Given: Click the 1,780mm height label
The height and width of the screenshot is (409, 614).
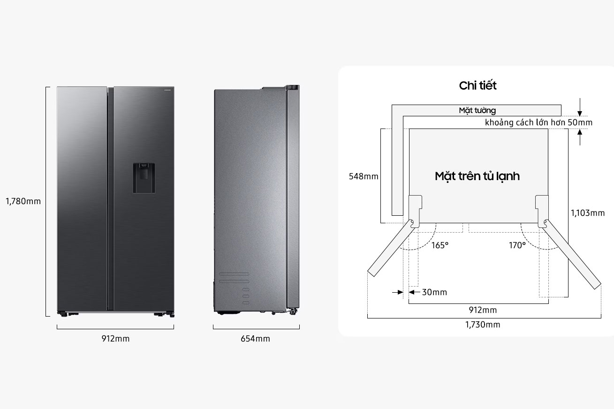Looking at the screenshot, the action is click(23, 201).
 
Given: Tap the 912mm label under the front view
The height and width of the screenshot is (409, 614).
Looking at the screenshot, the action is click(115, 339).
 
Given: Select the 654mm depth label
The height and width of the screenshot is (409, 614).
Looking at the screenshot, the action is click(255, 339).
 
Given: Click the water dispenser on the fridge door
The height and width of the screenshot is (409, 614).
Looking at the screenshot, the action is click(144, 178).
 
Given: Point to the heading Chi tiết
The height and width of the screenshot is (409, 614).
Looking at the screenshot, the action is click(478, 85).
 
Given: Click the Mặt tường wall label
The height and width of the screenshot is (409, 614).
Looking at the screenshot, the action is click(477, 110).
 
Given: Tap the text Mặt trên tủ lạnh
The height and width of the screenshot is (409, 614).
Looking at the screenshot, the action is click(477, 176).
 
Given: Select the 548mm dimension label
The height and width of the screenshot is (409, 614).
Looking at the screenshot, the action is click(364, 176).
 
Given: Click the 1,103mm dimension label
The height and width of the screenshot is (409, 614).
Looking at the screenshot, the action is click(588, 213).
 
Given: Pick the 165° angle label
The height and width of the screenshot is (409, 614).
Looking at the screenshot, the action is click(440, 245).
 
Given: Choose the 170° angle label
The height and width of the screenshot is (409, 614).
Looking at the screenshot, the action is click(517, 245).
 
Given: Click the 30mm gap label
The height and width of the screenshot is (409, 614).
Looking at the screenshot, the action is click(434, 292).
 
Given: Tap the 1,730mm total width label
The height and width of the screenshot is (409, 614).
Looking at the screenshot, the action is click(483, 325).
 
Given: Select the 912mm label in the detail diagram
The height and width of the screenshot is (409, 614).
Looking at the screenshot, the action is click(483, 310).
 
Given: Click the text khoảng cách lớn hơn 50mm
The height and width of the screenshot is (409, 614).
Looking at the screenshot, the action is click(538, 122).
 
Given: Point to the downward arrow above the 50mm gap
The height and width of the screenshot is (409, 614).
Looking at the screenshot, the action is click(580, 107).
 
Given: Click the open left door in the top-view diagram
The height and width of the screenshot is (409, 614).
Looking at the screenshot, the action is click(391, 248).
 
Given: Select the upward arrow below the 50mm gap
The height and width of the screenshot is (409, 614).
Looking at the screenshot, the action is click(580, 137).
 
